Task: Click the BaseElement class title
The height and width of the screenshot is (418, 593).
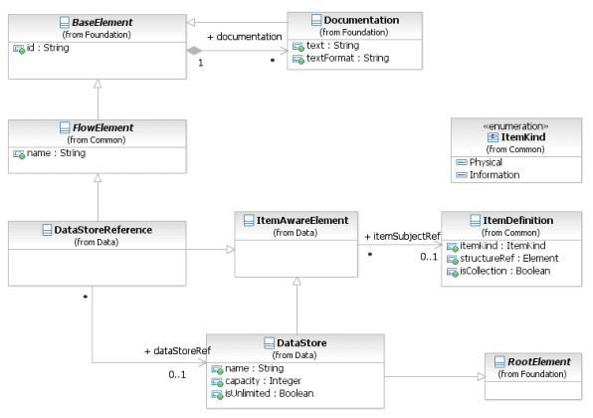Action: click(102, 22)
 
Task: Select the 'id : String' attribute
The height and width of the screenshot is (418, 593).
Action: click(48, 48)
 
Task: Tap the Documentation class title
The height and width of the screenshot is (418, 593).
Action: click(361, 20)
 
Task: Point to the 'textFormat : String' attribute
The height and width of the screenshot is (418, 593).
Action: click(347, 58)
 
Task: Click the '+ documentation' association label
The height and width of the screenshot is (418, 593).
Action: click(245, 37)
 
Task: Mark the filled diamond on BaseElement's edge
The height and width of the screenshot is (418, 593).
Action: click(194, 51)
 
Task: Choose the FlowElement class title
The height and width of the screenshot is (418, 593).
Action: click(102, 127)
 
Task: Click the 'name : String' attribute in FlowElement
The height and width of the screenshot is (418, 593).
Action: click(56, 153)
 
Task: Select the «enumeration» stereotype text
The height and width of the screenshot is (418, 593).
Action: click(515, 126)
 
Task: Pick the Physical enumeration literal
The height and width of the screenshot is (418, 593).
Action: click(486, 162)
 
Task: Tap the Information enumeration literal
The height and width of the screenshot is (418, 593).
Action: click(494, 175)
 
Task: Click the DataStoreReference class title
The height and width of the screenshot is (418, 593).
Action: click(102, 230)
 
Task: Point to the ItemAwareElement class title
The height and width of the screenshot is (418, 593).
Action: click(302, 221)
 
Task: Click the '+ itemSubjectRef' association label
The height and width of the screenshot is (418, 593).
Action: click(402, 237)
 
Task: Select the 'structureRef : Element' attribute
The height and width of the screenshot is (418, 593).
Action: click(509, 259)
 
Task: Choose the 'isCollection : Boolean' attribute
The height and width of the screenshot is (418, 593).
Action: click(504, 271)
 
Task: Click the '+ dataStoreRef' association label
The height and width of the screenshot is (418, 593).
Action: click(177, 351)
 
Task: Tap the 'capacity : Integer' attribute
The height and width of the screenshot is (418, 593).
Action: click(264, 381)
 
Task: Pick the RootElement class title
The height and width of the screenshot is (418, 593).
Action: click(539, 362)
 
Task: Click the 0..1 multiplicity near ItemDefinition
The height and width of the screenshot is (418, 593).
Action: click(429, 257)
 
